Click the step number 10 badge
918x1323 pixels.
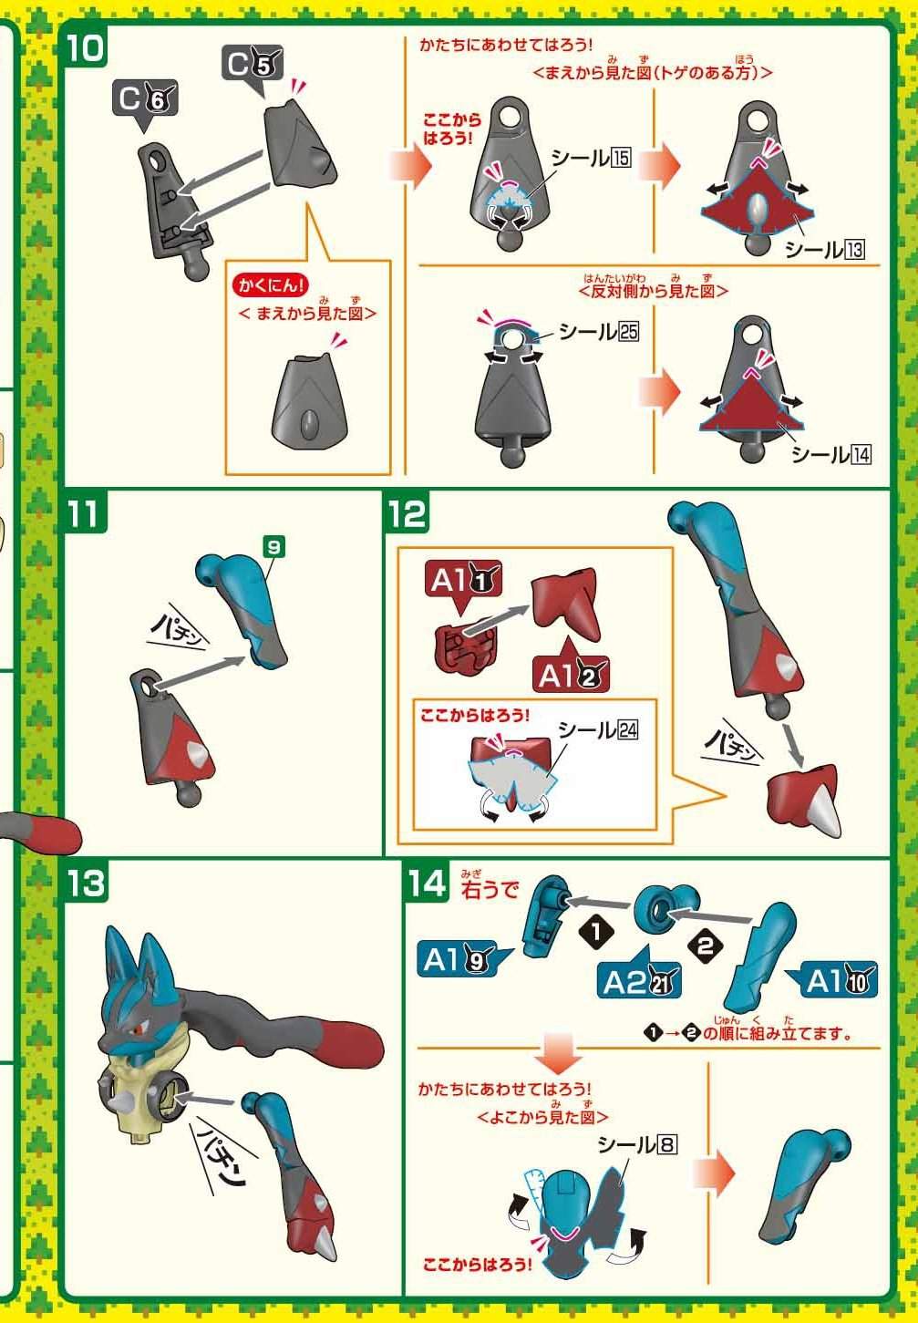tap(85, 49)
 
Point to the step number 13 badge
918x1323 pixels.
tap(86, 882)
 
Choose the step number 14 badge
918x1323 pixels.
tap(427, 882)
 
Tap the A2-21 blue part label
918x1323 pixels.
tap(639, 982)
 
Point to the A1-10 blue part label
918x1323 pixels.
tap(835, 980)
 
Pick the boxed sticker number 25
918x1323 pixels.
tap(629, 331)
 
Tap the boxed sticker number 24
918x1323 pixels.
tap(628, 730)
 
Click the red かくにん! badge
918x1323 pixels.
tap(271, 285)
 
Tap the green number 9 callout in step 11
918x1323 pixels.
tap(273, 547)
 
